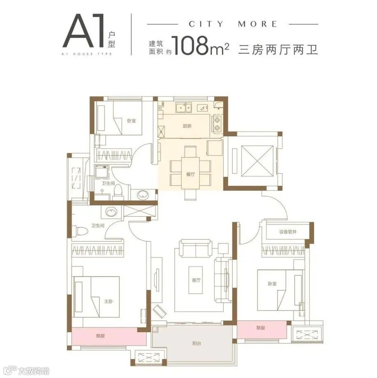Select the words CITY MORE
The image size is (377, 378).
pyautogui.click(x=233, y=24)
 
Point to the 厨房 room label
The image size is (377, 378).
pyautogui.click(x=187, y=126)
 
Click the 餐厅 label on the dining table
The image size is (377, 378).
pyautogui.click(x=190, y=174)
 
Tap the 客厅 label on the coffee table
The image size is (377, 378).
pyautogui.click(x=196, y=281)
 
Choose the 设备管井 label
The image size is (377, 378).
pyautogui.click(x=288, y=232)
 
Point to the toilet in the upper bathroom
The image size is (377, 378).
pyautogui.click(x=118, y=191)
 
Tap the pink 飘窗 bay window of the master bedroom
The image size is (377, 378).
pyautogui.click(x=109, y=336)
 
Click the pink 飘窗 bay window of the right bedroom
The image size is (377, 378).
pyautogui.click(x=261, y=328)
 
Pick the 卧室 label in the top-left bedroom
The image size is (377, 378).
pyautogui.click(x=131, y=121)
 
